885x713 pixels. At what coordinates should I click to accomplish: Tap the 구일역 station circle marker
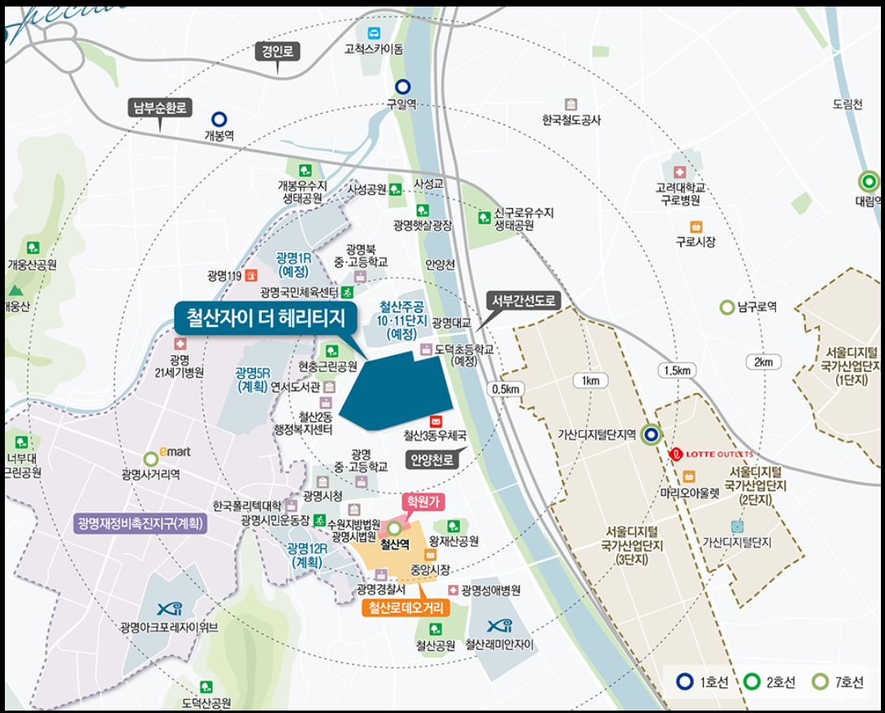[402, 86]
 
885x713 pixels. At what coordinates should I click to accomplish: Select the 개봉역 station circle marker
[219, 119]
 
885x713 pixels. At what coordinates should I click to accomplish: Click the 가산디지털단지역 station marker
[650, 434]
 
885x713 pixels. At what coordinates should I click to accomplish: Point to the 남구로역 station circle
[727, 307]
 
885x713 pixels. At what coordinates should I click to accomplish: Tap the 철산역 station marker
[394, 527]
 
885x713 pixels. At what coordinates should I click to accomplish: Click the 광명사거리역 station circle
[150, 459]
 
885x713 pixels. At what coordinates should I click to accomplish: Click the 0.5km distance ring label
[505, 389]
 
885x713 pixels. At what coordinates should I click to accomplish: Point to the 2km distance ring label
[763, 362]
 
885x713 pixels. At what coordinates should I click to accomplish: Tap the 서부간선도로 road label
[524, 300]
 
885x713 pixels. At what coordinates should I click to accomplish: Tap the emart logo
[176, 451]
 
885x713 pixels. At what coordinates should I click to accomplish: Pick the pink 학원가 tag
[422, 502]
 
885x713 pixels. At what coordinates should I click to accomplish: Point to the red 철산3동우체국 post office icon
[436, 421]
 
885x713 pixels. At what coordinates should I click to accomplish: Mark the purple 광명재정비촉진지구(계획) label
[141, 522]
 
